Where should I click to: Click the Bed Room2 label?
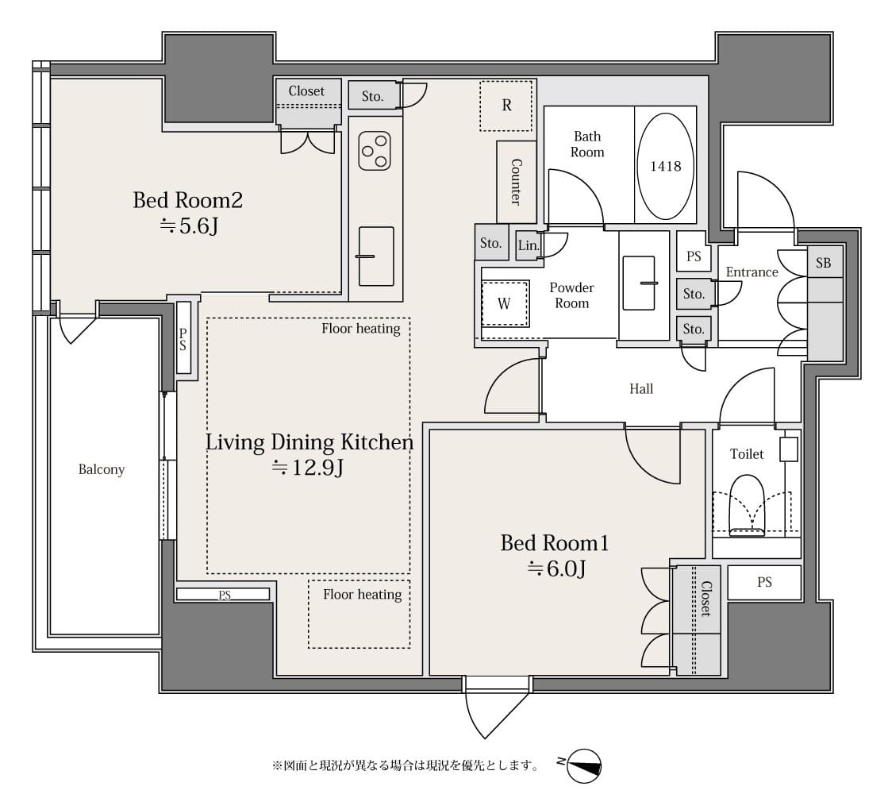tap(188, 200)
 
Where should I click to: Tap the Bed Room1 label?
tap(555, 543)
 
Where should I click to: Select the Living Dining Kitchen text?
tap(309, 442)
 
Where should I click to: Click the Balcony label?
tap(102, 469)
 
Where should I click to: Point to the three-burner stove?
tap(375, 152)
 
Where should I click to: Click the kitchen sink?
tap(376, 256)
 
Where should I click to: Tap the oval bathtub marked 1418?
tap(666, 166)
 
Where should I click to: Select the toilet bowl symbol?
tap(747, 504)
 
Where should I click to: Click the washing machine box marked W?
tap(505, 303)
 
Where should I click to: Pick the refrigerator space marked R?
tap(506, 106)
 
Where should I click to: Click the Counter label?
tap(516, 181)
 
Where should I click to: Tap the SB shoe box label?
tap(824, 263)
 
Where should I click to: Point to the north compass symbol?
tap(583, 765)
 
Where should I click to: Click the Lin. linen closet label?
tap(529, 245)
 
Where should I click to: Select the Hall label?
tap(641, 389)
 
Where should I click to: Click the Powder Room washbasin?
tap(639, 283)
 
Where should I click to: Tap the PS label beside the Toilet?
tap(764, 582)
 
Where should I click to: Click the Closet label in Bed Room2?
tap(306, 91)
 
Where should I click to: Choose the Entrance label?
tap(752, 272)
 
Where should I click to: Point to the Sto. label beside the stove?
tap(373, 96)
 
